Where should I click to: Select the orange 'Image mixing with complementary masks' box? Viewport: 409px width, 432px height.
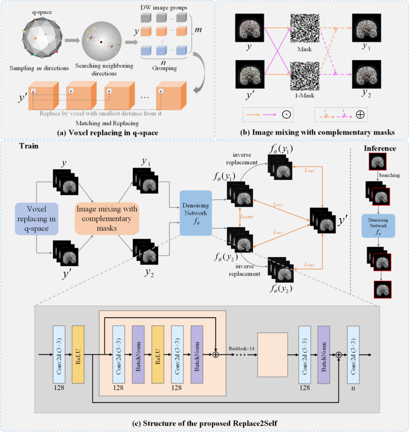pyautogui.click(x=107, y=219)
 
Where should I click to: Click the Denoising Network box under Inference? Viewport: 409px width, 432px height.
pyautogui.click(x=378, y=226)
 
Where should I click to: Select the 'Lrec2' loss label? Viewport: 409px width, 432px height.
pyautogui.click(x=278, y=232)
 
